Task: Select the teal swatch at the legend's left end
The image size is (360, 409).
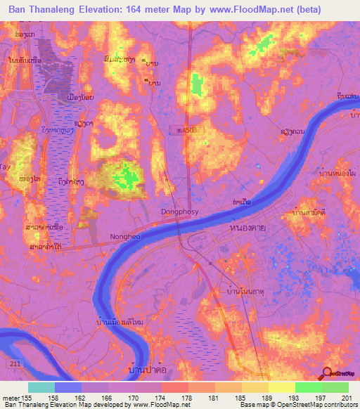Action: [x=41, y=387]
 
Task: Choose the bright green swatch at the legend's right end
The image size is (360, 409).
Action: [x=335, y=387]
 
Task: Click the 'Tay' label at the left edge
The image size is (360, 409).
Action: [x=6, y=167]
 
